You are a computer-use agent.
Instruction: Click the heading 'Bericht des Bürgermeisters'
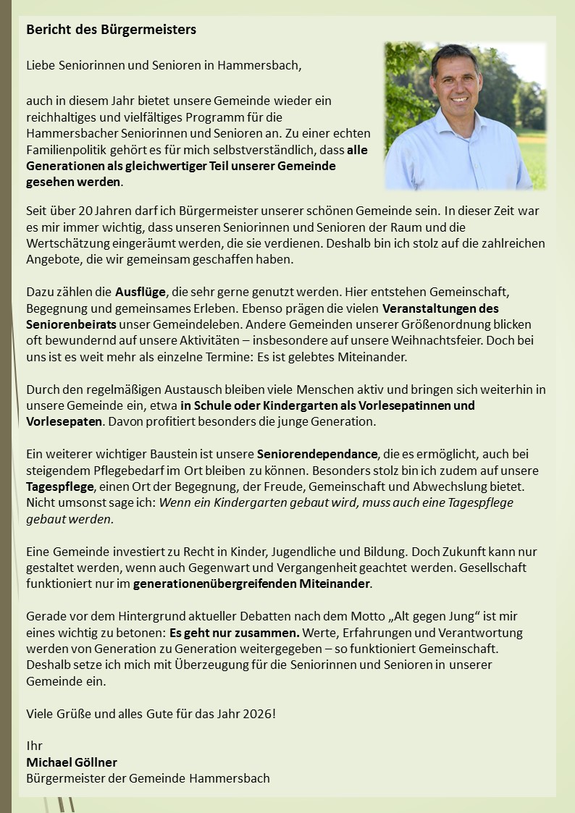(111, 30)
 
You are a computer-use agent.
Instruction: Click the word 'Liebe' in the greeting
(41, 65)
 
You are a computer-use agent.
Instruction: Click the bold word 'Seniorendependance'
(317, 454)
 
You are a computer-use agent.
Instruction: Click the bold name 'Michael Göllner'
(72, 762)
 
